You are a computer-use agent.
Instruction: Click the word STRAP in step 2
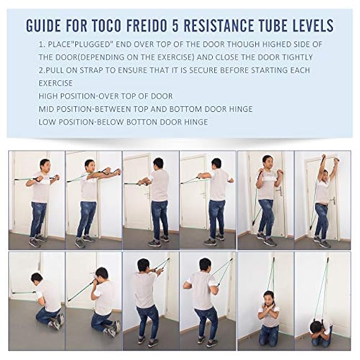coord(99,71)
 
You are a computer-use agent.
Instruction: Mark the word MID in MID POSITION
coord(46,109)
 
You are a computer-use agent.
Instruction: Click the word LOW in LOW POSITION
coord(47,122)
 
